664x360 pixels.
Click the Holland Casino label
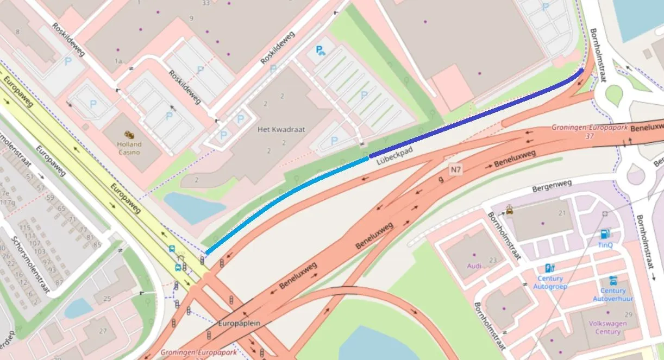[129, 148]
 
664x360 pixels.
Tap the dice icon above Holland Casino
[129, 134]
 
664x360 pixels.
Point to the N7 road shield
[456, 170]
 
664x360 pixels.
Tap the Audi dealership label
[474, 266]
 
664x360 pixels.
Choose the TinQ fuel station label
[605, 245]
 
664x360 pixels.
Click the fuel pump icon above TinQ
[605, 234]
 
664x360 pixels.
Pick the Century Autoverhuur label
[612, 295]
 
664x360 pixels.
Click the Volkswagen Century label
[607, 327]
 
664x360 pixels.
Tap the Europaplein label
[239, 323]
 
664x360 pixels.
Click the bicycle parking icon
[321, 51]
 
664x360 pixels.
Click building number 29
[629, 315]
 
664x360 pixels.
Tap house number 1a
[118, 61]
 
